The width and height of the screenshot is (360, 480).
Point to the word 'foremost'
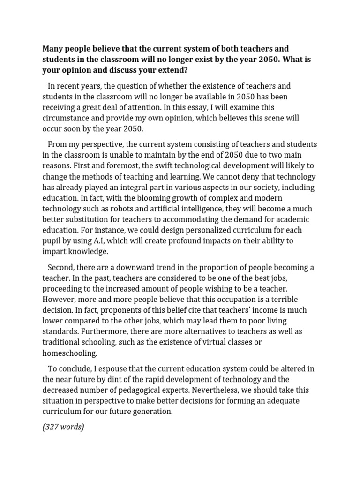(x=122, y=166)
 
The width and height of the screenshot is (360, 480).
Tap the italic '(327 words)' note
(x=63, y=427)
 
